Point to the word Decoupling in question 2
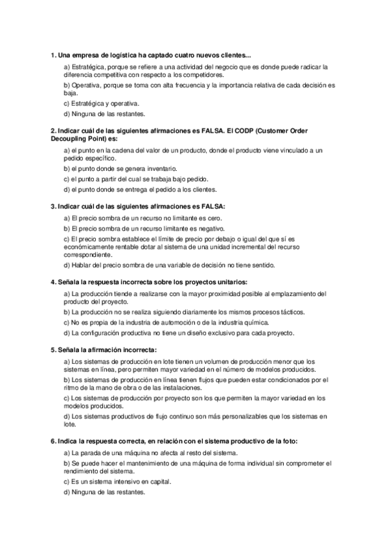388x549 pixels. point(71,139)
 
